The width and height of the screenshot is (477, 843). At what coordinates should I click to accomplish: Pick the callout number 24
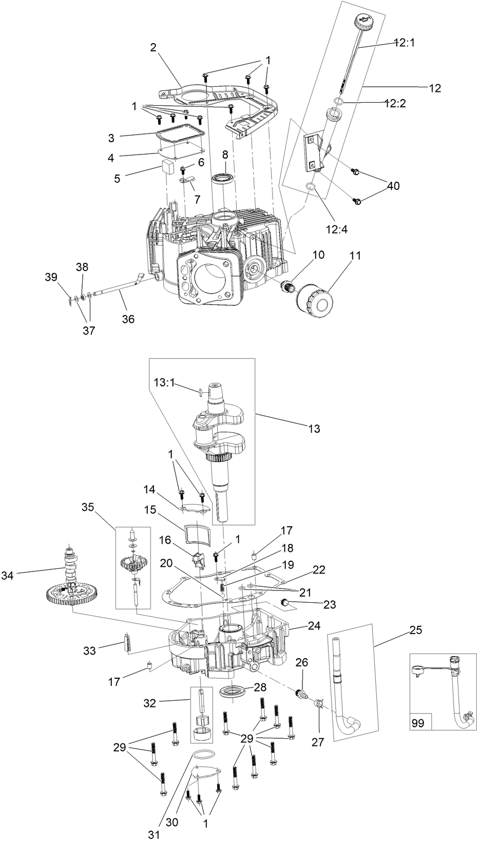click(x=314, y=625)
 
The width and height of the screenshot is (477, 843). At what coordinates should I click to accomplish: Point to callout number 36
click(x=128, y=319)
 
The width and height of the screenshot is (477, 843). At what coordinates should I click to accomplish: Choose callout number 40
click(x=393, y=186)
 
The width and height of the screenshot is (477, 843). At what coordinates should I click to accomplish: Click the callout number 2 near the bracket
click(x=153, y=48)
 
